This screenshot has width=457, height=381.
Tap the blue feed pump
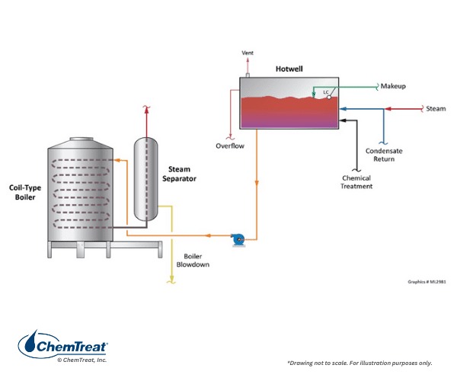point(238,239)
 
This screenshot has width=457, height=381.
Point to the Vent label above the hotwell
point(247,53)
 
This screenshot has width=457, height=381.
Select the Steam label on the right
point(436,109)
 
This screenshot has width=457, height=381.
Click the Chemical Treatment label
point(356,182)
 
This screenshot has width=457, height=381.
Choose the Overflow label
point(229,146)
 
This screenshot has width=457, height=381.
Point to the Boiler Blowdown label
point(196,261)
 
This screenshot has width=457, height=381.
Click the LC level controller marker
point(326,93)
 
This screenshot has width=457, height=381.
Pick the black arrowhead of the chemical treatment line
point(344,120)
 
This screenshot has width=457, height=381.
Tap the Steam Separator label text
point(180,173)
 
